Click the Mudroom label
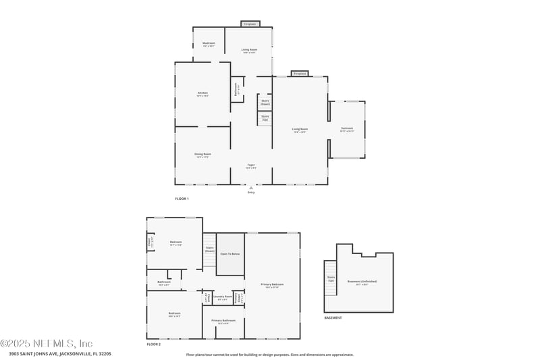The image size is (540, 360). (209, 45)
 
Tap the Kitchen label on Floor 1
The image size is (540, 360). (202, 94)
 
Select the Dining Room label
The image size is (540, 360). (202, 155)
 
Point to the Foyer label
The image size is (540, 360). (250, 166)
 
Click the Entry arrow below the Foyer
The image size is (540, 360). (251, 187)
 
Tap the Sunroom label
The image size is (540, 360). (346, 129)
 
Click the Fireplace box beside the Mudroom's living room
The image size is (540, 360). (250, 24)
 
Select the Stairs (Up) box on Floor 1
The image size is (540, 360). (265, 118)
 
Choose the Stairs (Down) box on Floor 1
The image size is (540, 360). (265, 102)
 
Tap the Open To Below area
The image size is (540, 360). (230, 254)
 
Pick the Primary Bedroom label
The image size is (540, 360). (272, 286)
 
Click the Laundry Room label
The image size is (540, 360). (223, 298)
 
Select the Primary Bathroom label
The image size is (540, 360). (223, 322)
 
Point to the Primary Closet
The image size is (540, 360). (239, 298)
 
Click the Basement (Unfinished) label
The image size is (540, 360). (362, 282)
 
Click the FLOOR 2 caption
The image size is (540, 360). (154, 344)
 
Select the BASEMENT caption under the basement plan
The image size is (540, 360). (333, 318)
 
